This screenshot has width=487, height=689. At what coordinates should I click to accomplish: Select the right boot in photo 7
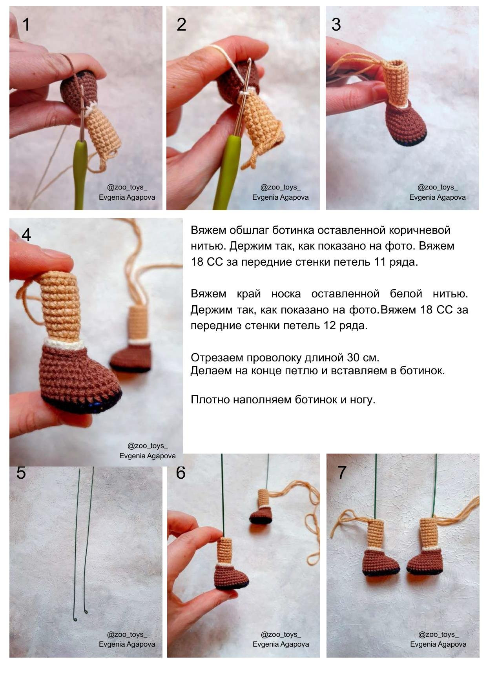click(426, 561)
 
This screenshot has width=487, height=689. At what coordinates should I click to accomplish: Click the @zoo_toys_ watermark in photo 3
click(437, 188)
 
